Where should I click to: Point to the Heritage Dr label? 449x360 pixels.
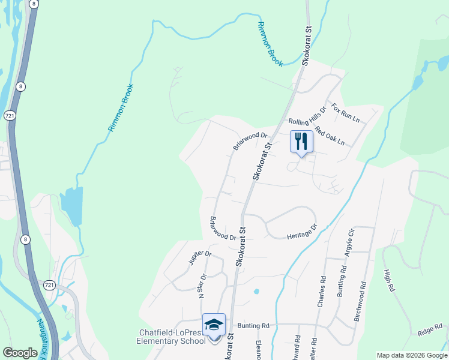tap(301, 232)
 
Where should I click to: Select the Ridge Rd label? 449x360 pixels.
tap(429, 329)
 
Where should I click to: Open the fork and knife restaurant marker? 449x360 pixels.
tap(301, 142)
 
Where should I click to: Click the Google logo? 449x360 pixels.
tap(20, 353)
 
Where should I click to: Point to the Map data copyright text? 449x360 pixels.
tap(412, 355)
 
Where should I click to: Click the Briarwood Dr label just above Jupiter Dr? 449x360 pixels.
tap(222, 229)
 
